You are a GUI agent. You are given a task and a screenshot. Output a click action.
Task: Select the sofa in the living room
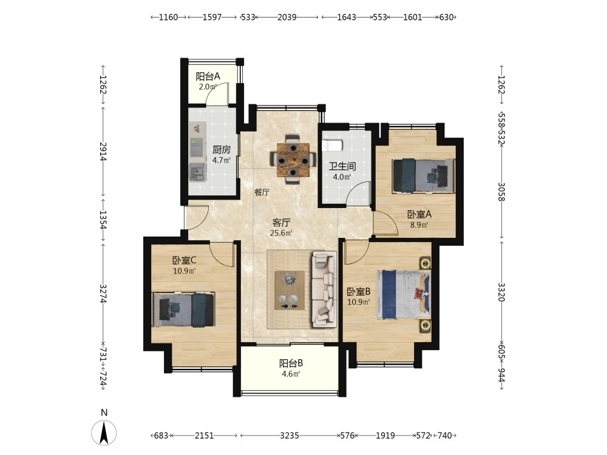(x=324, y=289)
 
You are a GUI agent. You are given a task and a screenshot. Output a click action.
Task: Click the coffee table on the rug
(x=290, y=290)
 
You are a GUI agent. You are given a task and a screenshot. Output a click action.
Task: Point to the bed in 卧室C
(x=184, y=309)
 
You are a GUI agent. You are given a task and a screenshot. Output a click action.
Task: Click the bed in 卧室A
(x=423, y=176)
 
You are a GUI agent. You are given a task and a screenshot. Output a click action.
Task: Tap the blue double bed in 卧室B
(x=404, y=294)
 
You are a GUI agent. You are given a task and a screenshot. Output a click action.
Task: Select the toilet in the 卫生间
(x=333, y=146)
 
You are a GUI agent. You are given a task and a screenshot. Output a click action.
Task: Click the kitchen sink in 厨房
(x=197, y=172)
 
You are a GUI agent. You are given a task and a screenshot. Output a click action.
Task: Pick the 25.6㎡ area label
(x=281, y=233)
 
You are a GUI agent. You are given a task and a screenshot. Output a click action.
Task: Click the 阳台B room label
(x=291, y=363)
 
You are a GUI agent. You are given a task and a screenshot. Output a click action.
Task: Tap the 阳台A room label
(x=208, y=76)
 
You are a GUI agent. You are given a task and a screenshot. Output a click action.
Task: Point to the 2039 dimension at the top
(x=287, y=17)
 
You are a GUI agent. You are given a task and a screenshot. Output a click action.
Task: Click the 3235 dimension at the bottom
(x=290, y=436)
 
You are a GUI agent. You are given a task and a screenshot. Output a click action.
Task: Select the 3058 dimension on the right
(x=502, y=192)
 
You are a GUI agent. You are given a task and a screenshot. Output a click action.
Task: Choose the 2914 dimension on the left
(x=103, y=151)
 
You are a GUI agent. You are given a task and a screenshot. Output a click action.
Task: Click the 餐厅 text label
(x=262, y=192)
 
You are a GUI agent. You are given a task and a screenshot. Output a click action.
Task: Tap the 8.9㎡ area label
(x=419, y=225)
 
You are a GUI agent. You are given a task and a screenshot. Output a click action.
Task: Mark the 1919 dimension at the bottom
(x=385, y=436)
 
